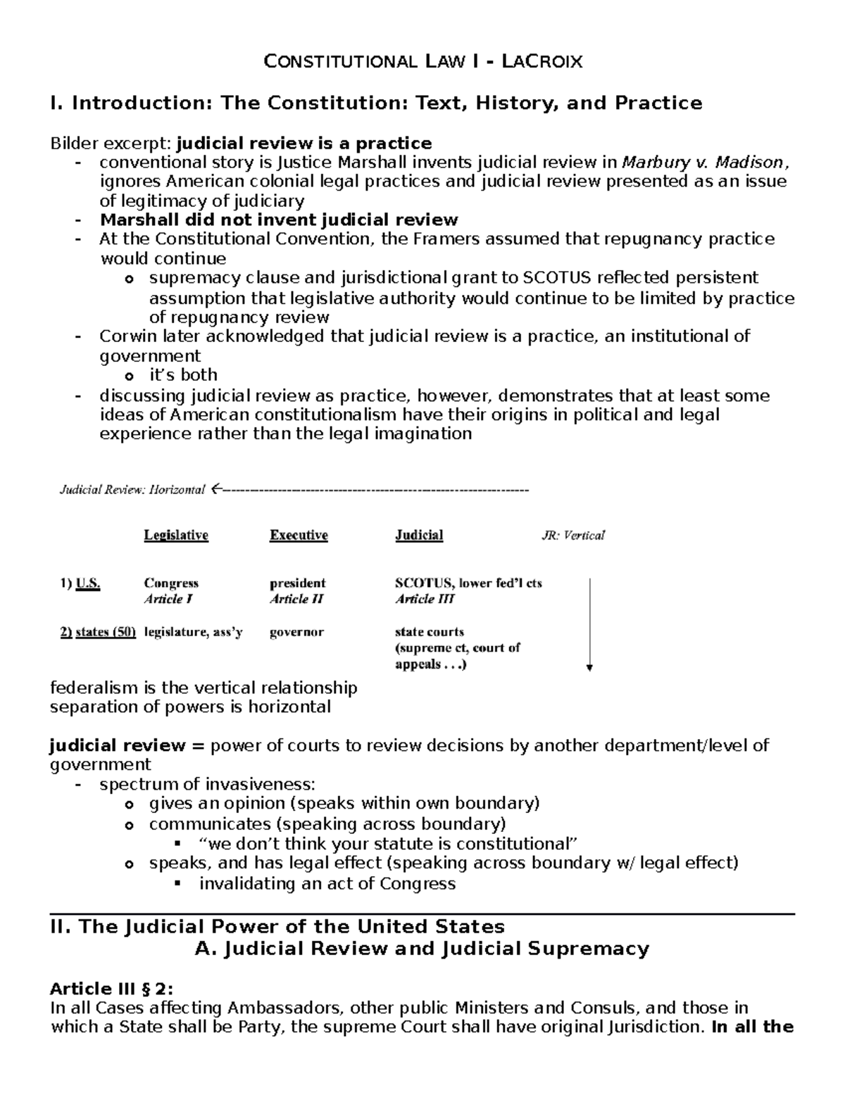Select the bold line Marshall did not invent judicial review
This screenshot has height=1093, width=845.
click(279, 220)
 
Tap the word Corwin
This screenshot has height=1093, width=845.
click(124, 336)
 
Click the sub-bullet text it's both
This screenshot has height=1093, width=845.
click(183, 374)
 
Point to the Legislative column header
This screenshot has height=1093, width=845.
click(176, 535)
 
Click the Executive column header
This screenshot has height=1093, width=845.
click(299, 535)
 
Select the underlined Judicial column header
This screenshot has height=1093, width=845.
click(419, 535)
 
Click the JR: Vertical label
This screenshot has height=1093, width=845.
click(572, 536)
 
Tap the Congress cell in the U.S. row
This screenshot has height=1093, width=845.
click(171, 583)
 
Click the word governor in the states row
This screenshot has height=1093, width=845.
click(296, 632)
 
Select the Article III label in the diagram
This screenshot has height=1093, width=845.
click(425, 599)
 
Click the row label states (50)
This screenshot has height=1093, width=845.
click(98, 632)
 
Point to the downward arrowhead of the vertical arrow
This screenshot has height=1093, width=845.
click(589, 668)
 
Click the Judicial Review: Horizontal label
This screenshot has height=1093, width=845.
click(132, 489)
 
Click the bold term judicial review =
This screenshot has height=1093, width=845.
click(127, 745)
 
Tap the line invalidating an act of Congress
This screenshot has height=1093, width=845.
click(327, 883)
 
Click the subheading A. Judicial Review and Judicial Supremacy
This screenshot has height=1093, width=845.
click(422, 949)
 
